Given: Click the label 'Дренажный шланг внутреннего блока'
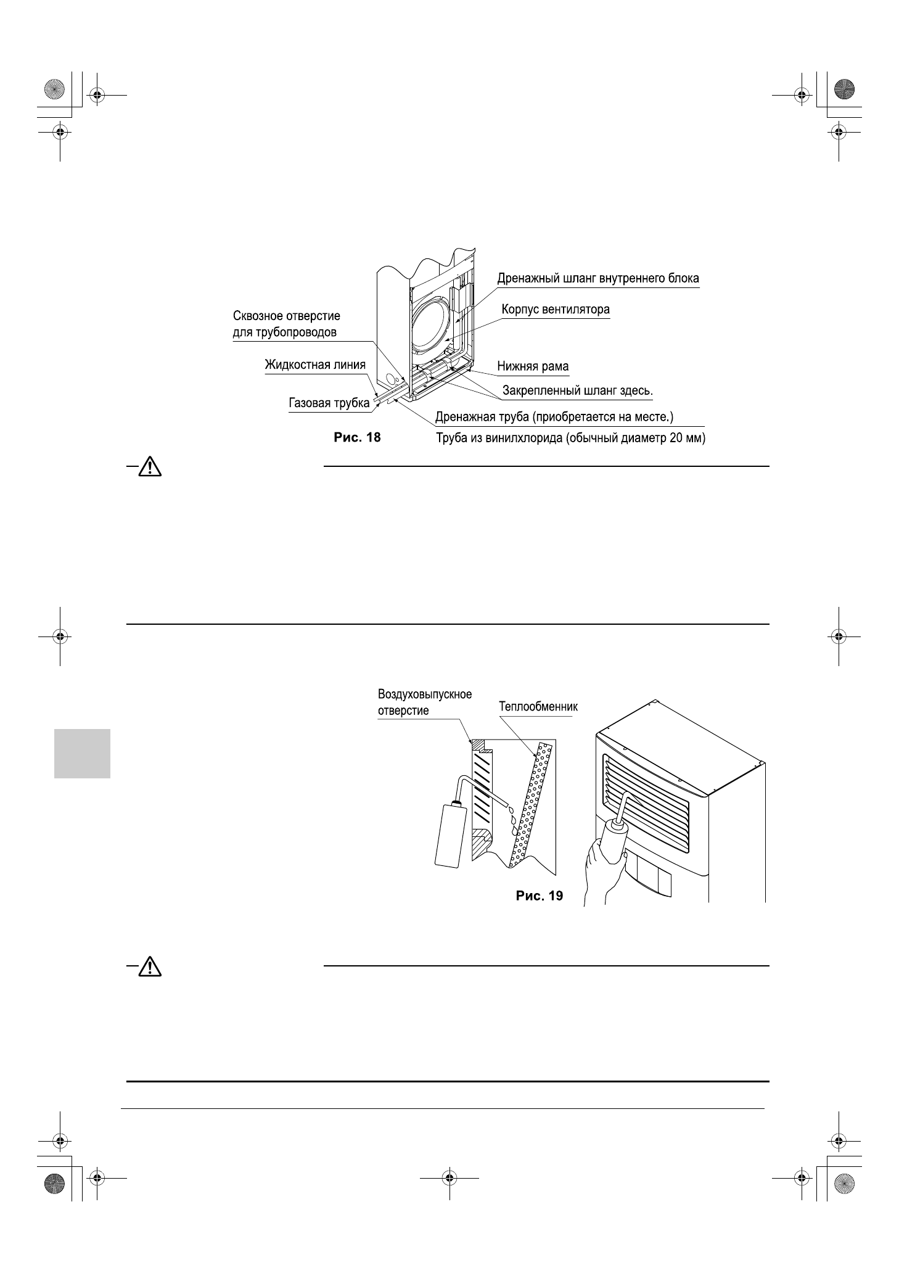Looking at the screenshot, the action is [598, 278].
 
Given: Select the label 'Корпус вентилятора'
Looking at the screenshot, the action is [555, 309].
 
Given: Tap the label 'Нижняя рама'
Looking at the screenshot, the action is [533, 367].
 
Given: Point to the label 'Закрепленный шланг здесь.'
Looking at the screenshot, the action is [578, 390].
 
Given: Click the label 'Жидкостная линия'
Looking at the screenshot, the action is [314, 365].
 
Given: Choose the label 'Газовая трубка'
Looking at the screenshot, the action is [329, 403].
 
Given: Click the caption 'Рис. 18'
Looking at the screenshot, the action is [357, 438].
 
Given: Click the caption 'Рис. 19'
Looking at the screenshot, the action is [539, 896].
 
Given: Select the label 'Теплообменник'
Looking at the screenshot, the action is [538, 707].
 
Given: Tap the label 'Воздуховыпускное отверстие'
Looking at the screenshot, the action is [424, 702].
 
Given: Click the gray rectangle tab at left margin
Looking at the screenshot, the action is [82, 753].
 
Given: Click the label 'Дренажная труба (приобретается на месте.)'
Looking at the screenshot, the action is [554, 417].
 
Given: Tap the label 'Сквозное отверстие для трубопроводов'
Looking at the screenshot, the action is [286, 324].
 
